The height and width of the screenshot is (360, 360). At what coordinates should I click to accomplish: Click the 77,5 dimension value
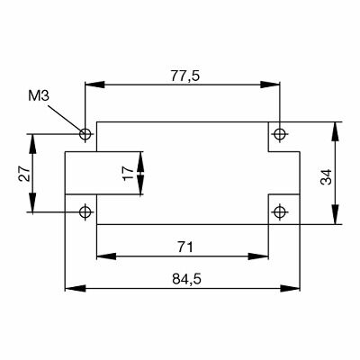tap(184, 76)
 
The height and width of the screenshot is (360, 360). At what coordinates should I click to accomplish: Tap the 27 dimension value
tap(24, 173)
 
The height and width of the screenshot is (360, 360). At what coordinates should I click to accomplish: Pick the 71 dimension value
tap(184, 246)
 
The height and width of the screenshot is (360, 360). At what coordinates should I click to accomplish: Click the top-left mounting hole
tap(85, 135)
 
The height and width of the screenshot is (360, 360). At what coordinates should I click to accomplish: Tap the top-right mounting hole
tap(281, 134)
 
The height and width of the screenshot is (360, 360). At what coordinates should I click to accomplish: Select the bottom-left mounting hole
tap(85, 212)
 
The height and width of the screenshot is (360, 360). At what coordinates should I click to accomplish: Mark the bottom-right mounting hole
tap(281, 212)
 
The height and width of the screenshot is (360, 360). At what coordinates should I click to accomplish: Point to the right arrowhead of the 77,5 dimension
tap(274, 85)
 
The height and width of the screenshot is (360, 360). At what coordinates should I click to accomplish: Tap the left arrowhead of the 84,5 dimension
tap(72, 290)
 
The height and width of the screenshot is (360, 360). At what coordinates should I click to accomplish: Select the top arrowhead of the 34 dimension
tap(337, 127)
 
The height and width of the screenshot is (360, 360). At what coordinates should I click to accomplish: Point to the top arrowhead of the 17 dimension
tap(141, 157)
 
